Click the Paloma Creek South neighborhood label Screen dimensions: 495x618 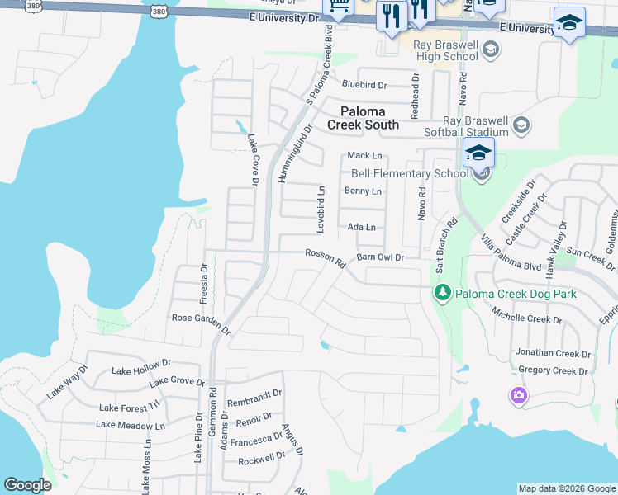(363, 117)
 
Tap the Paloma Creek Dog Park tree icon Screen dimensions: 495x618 (442, 294)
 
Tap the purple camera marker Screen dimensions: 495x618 (518, 396)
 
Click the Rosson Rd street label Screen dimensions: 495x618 (325, 258)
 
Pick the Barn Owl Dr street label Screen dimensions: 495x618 (380, 257)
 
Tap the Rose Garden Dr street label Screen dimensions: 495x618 (202, 321)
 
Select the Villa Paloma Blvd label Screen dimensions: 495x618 (511, 252)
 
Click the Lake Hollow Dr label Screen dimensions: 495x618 (141, 366)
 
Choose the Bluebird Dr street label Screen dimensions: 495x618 (364, 84)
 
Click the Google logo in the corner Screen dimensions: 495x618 (27, 485)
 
